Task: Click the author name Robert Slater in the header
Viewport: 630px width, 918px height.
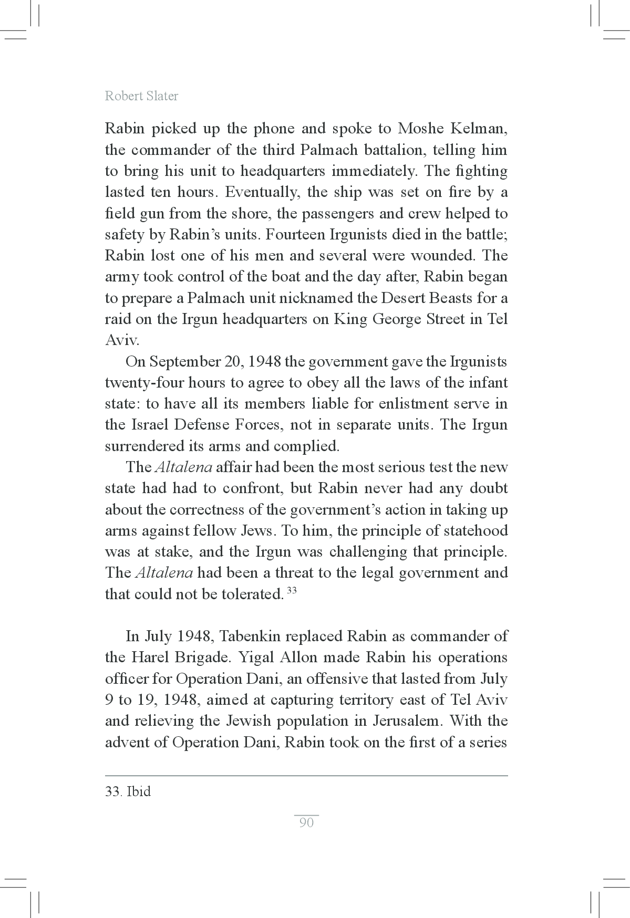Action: click(141, 96)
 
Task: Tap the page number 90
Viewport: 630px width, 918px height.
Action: click(306, 822)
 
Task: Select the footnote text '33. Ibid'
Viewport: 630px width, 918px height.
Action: click(128, 791)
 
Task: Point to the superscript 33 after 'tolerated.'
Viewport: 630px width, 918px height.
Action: click(292, 590)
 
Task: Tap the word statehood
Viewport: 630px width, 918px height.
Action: click(475, 530)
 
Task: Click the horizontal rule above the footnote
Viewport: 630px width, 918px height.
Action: click(306, 775)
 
